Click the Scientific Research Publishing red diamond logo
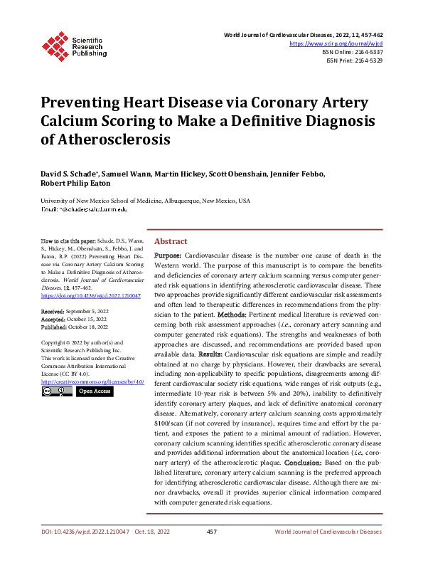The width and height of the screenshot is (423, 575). tap(55, 45)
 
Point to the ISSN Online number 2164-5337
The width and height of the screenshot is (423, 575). tap(367, 52)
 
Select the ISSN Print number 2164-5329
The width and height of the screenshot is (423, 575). tap(367, 60)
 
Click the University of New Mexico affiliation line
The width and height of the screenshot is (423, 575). tap(145, 201)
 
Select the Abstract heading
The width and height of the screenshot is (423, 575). tap(171, 242)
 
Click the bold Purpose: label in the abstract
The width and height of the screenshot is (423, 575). tap(168, 255)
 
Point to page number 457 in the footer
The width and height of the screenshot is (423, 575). tap(211, 532)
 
